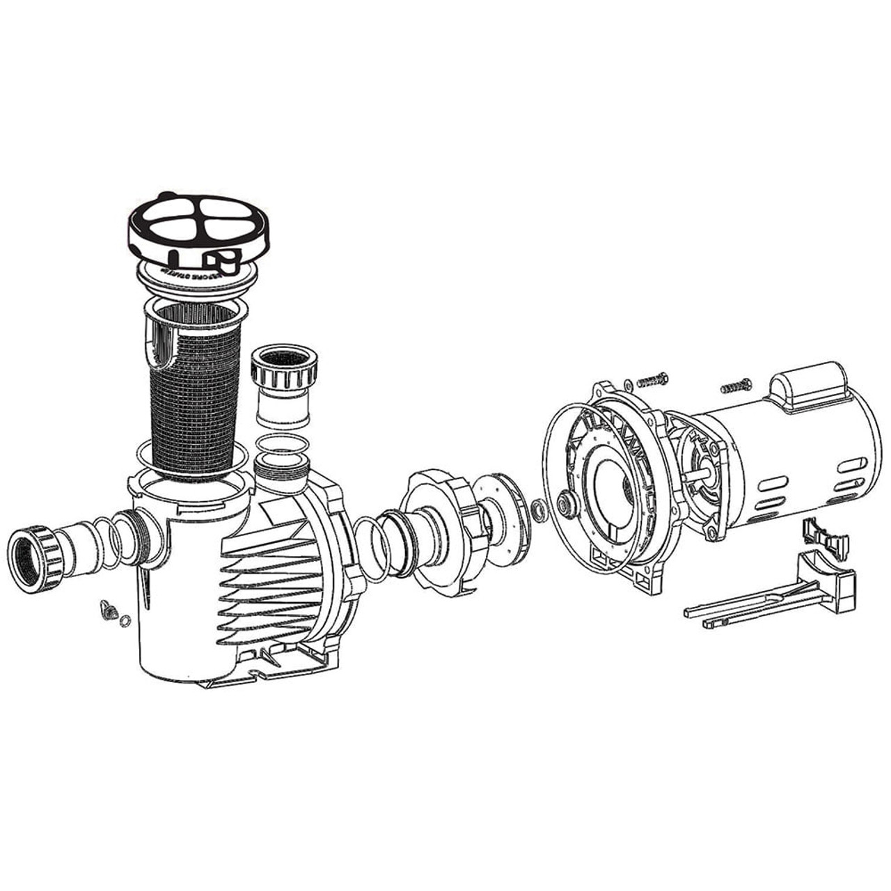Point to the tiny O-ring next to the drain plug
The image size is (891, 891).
pos(125,621)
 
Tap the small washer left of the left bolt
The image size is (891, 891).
pos(629,382)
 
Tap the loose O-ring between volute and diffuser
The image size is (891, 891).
pos(369,550)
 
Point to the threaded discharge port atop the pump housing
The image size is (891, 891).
pos(283,466)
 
